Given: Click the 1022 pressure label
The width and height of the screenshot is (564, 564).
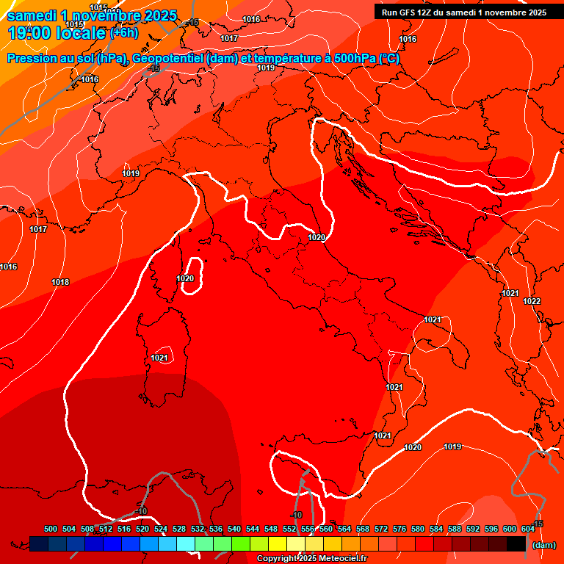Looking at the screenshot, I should tap(532, 302).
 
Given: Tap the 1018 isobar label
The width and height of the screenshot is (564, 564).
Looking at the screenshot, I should tap(60, 283).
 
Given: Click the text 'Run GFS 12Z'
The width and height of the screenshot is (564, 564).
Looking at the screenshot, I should tap(406, 12).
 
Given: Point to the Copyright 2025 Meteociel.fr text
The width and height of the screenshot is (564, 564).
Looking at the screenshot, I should tap(311, 559).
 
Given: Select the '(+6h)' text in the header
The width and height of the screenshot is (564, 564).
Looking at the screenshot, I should tap(123, 33).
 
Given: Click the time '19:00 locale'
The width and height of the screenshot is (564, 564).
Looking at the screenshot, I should tap(56, 33).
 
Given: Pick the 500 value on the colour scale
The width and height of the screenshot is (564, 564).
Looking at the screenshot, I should tap(51, 529).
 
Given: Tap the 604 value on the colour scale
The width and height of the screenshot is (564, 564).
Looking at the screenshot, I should tap(528, 529).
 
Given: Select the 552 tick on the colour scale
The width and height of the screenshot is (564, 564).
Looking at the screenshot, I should tap(289, 529).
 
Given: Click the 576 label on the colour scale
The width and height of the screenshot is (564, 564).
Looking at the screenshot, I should tap(399, 529).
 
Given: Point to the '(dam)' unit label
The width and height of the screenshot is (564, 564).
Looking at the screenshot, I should tap(543, 545).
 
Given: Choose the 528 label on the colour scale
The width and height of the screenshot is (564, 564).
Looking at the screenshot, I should tap(179, 529).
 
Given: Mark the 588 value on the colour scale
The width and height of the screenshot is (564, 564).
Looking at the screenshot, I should tap(455, 529).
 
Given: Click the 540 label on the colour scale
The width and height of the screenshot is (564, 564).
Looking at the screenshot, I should tap(234, 529).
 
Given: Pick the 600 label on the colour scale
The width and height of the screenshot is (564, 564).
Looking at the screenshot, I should tap(510, 529).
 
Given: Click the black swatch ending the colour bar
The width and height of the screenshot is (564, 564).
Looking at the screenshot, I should tap(516, 543).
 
